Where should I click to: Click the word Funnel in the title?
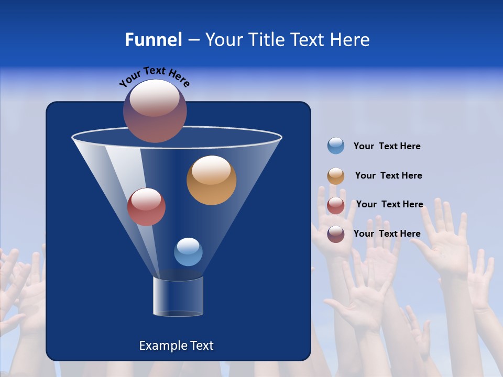[x=153, y=40]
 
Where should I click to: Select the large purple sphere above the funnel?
[x=155, y=111]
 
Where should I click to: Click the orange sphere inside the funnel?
[x=211, y=181]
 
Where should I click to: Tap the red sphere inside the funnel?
[x=146, y=207]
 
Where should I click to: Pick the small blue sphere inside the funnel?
[x=188, y=252]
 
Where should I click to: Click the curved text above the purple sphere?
[x=154, y=76]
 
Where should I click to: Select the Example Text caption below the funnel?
[x=176, y=346]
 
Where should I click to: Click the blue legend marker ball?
[x=336, y=146]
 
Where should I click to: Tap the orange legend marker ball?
[x=336, y=176]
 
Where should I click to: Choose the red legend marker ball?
[x=336, y=205]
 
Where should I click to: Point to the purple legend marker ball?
[x=336, y=234]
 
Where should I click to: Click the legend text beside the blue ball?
[x=387, y=146]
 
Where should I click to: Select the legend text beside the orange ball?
[x=388, y=175]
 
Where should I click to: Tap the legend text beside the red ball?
[x=389, y=204]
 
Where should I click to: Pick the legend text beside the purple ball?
[x=387, y=234]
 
